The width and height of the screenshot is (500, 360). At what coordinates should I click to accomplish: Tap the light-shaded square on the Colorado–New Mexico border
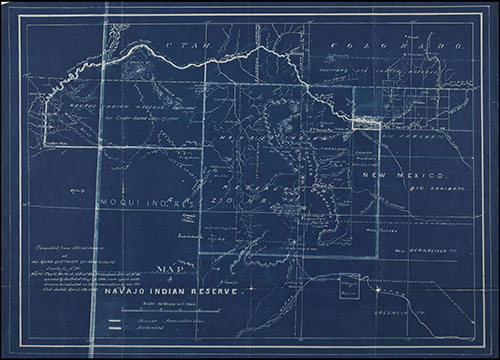coord(368,106)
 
